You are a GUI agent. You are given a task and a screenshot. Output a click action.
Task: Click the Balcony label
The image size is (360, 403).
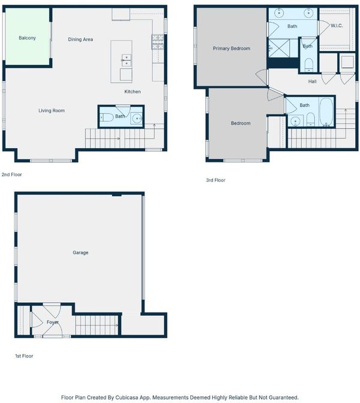coord(27,38)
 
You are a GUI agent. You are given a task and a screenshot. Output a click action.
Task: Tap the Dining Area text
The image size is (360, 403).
coord(80,40)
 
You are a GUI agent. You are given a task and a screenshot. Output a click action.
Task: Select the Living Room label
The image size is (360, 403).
coord(52,110)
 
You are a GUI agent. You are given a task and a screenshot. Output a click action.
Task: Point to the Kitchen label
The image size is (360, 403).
coord(133,92)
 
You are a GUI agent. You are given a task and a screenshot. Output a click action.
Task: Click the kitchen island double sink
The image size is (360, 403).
coord(127,61)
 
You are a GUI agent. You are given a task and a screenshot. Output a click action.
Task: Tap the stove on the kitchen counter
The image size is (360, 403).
coord(157,42)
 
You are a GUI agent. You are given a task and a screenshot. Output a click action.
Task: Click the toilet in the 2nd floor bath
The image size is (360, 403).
coord(107,118)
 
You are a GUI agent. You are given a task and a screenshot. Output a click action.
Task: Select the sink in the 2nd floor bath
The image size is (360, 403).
coord(137,119)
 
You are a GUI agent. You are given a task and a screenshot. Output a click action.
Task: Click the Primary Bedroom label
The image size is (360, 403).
coord(232,49)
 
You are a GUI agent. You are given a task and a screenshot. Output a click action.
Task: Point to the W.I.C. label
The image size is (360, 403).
coord(337,25)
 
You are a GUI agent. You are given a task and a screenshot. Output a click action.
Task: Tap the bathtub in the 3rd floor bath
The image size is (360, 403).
coord(326,112)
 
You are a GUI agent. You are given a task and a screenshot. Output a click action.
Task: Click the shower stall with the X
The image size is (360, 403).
coord(279,48)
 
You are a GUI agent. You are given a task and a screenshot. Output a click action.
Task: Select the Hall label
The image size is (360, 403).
coord(313,82)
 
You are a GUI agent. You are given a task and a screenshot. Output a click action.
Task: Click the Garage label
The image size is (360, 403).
coord(80,252)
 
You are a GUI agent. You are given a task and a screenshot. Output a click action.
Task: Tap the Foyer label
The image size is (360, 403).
coord(52,322)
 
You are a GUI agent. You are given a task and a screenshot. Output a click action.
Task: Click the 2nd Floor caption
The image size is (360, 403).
coord(12,175)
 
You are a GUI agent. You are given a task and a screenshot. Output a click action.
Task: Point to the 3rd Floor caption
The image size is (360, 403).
coord(216,180)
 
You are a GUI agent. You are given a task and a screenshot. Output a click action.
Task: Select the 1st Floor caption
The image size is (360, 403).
coord(24,356)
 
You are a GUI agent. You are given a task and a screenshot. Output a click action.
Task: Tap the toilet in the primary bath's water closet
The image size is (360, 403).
coord(308,65)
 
